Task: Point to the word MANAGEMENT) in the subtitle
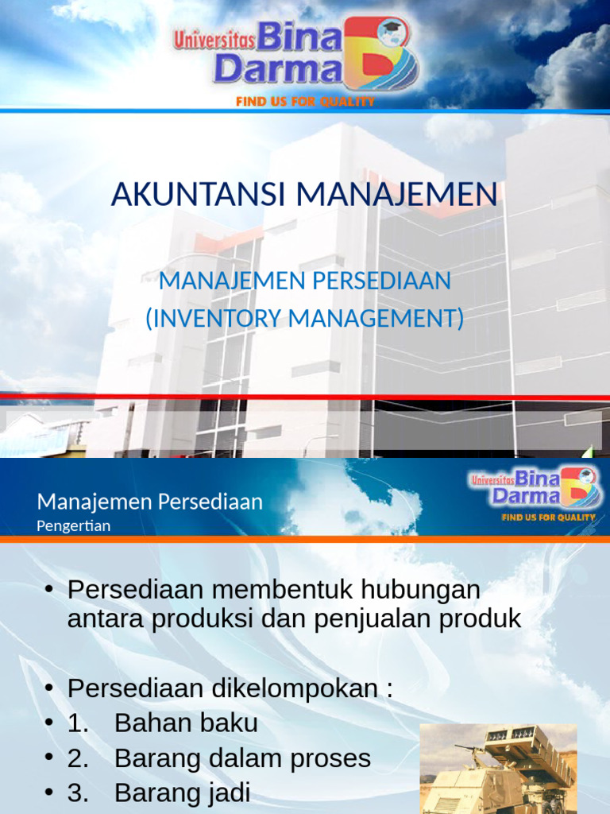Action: click(376, 319)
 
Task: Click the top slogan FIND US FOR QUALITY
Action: click(305, 102)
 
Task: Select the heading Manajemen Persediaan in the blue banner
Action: click(149, 502)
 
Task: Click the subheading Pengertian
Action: click(74, 525)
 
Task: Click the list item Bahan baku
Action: click(186, 723)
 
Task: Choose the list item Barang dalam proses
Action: click(242, 758)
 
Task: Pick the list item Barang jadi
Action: click(182, 793)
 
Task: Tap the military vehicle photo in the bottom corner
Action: click(498, 768)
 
